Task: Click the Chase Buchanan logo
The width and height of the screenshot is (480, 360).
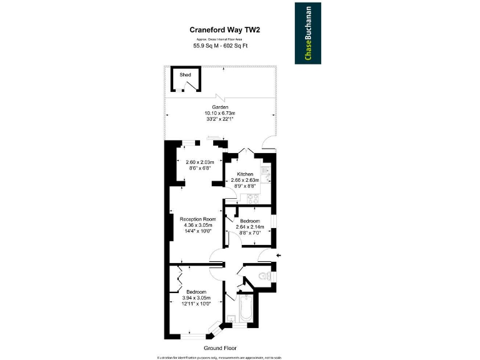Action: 309,33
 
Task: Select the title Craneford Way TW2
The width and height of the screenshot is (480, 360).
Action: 224,29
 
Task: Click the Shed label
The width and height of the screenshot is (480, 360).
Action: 185,74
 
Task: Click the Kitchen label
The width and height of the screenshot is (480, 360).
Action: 244,174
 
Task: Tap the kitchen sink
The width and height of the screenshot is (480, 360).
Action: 265,172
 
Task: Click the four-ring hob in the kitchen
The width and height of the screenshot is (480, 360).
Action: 254,199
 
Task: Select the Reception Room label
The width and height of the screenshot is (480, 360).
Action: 197,219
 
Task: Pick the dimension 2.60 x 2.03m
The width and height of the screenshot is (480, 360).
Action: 201,162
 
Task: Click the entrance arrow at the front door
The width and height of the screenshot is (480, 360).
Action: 279,254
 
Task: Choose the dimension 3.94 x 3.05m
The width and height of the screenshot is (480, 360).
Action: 196,298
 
